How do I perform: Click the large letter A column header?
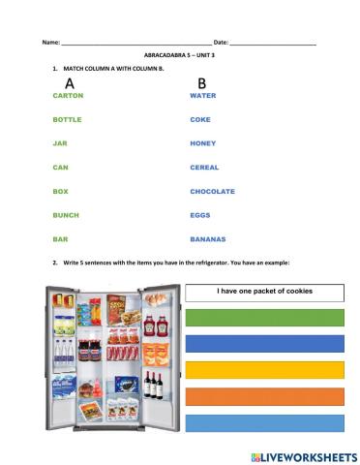(x=69, y=83)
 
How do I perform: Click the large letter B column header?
(x=201, y=83)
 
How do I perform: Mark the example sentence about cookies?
(x=264, y=291)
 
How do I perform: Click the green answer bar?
(x=264, y=317)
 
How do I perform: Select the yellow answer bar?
(x=264, y=370)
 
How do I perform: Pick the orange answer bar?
(x=264, y=396)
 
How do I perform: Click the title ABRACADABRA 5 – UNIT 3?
(x=180, y=56)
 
